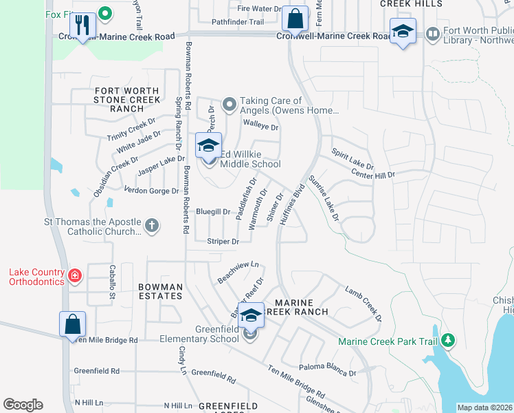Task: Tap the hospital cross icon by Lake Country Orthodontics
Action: [74, 277]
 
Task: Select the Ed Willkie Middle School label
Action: [249, 159]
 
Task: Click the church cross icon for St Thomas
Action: [152, 224]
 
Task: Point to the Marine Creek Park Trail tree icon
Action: [448, 339]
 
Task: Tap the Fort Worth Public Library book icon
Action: [432, 32]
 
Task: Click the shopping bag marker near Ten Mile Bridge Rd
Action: [72, 323]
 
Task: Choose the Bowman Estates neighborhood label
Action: [159, 291]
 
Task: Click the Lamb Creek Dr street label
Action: [363, 305]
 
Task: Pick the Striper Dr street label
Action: [223, 242]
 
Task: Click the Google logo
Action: [23, 405]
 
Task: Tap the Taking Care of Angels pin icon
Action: [230, 105]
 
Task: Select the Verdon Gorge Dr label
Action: [151, 190]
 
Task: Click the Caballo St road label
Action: [111, 282]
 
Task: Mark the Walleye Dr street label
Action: [260, 127]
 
